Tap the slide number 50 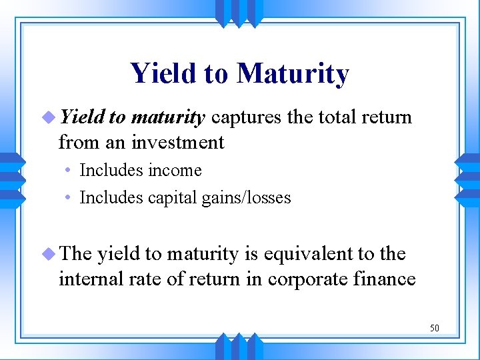coord(434,328)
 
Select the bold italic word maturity coord(167,118)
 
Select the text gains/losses coord(250,198)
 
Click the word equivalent coord(297,254)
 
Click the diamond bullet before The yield coord(48,254)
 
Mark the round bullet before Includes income coord(69,171)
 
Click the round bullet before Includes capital coord(69,199)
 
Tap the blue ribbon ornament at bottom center coord(239,347)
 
